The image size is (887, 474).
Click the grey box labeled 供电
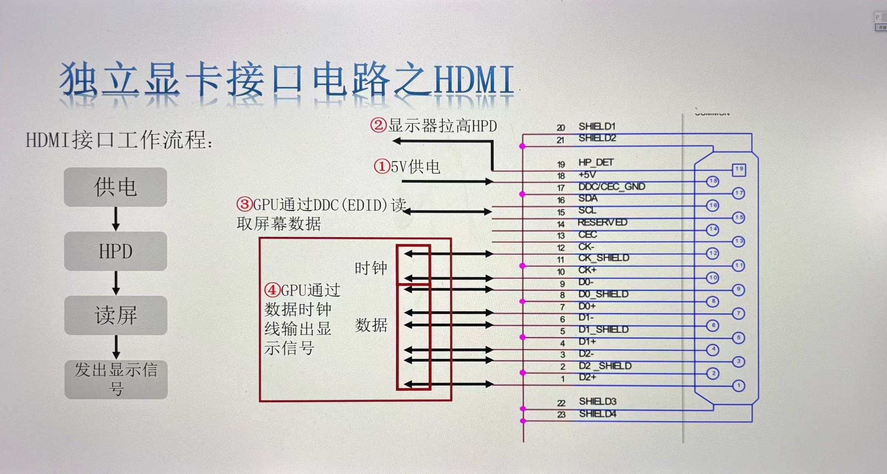[115, 187]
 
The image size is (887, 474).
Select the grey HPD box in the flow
[116, 251]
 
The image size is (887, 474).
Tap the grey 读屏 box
[116, 316]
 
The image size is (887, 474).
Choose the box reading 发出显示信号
[116, 379]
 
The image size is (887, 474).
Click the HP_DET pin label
[596, 163]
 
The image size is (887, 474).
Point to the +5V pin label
[587, 174]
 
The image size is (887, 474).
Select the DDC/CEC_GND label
[612, 187]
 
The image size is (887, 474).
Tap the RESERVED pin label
[602, 223]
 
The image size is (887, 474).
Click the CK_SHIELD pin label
[604, 258]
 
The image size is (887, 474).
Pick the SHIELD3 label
[597, 401]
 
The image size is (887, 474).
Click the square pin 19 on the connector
[739, 170]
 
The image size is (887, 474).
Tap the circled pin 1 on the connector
[738, 386]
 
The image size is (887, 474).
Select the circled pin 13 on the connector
[738, 241]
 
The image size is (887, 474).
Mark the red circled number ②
[379, 125]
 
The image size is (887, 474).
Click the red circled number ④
[272, 290]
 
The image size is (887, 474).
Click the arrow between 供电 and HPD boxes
[116, 219]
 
